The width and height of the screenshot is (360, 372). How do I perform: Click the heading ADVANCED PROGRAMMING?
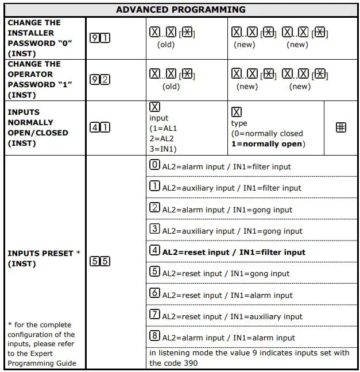click(x=180, y=10)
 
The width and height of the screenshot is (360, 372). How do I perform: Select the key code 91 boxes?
click(x=100, y=38)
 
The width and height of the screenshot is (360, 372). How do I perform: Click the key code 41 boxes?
click(x=100, y=127)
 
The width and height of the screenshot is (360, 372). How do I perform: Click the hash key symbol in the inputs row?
click(x=340, y=127)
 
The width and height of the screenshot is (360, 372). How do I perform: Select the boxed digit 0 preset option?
click(x=154, y=165)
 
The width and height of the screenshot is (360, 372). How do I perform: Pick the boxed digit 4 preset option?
click(x=154, y=251)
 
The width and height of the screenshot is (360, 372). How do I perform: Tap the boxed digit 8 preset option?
click(x=154, y=336)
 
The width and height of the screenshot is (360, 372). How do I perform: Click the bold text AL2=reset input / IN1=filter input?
click(x=234, y=252)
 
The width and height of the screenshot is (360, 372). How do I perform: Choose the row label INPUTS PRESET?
click(x=40, y=253)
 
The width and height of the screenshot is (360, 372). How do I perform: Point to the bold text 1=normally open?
click(x=266, y=144)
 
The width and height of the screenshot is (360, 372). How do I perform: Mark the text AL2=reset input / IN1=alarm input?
click(x=227, y=295)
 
